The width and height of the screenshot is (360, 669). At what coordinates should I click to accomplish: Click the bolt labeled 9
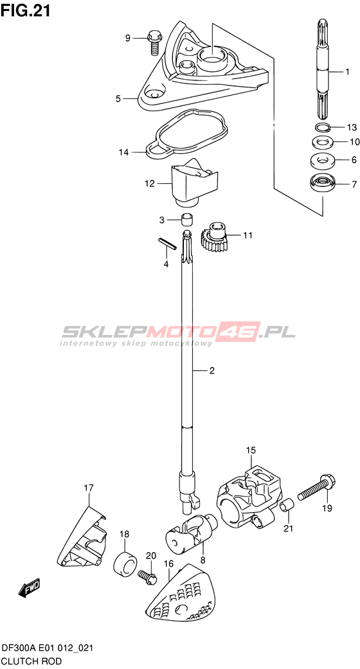coord(153,43)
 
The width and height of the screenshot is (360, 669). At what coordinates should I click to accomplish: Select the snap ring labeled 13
coord(321,127)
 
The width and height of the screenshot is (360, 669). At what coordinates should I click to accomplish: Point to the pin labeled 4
coord(167,244)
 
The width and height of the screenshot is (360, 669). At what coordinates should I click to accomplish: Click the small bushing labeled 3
coord(186,220)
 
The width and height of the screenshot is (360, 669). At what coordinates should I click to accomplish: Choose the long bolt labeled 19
coord(316,489)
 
